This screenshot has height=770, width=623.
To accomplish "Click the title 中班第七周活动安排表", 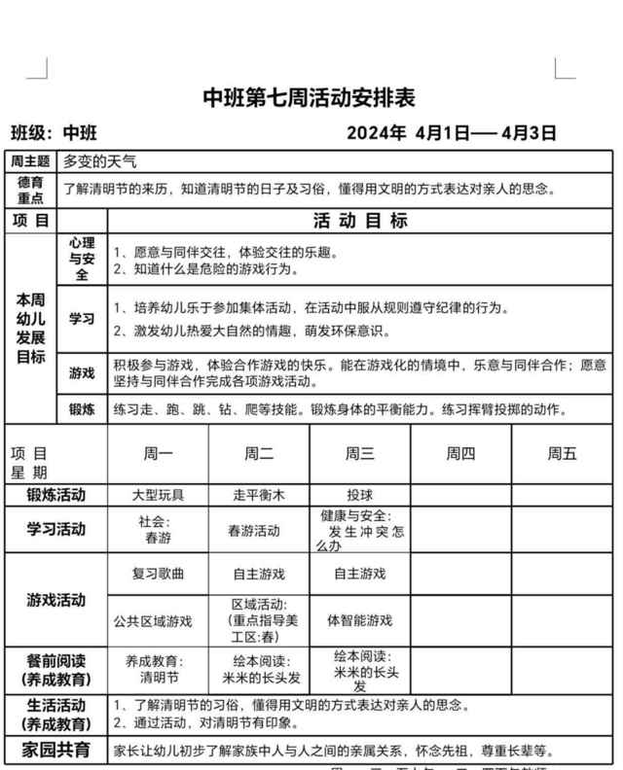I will coord(309,98).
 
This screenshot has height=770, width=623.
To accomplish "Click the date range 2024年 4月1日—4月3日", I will coord(451,133).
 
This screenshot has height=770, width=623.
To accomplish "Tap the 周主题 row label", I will coord(30,161).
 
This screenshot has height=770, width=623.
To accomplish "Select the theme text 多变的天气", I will coord(100,161).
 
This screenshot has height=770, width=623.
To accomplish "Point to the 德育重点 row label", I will coord(30,190).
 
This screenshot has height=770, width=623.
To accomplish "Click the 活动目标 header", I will coord(359,221).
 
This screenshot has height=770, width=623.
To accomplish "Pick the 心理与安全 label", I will coord(82,259).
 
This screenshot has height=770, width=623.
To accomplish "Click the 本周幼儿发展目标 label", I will coord(30,328).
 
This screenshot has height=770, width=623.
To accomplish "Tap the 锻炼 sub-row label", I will coord(82,409).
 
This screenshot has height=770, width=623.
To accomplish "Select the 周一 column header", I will coord(158,452).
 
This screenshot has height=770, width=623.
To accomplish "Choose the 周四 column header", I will coord(460,452).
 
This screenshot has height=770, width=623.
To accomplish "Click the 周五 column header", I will coord(562,452).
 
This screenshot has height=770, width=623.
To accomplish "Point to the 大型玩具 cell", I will coord(158,495).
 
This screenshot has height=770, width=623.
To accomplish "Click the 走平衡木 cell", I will coord(258,495).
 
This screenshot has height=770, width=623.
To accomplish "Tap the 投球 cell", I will coord(359,495).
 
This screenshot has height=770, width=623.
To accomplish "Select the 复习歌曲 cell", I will coord(158,574).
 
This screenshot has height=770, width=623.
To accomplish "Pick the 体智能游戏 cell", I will coord(359,620).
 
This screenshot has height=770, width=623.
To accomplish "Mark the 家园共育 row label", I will coord(55,750).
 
